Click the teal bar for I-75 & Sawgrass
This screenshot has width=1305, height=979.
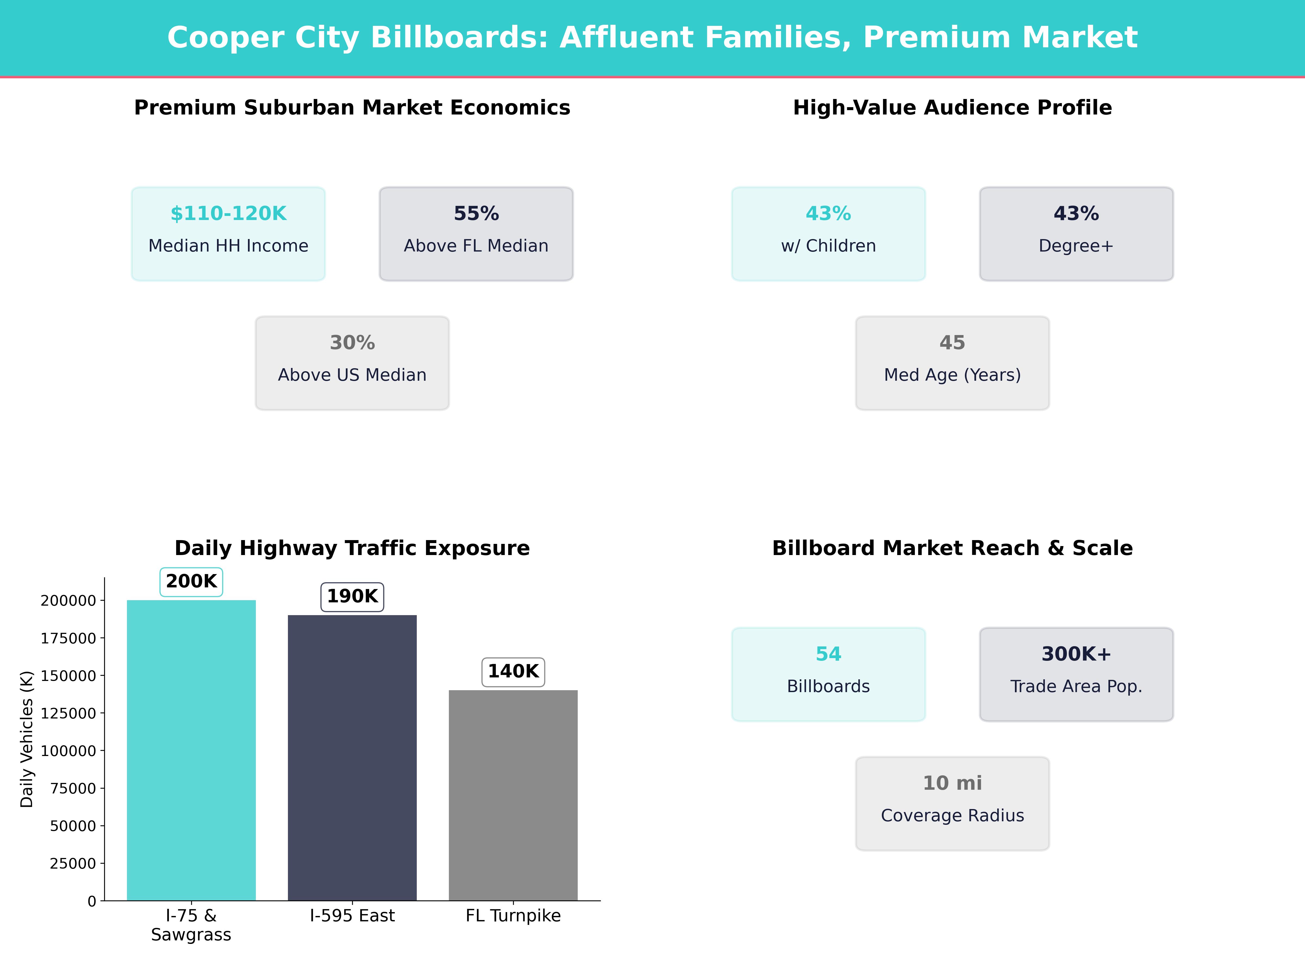click(191, 749)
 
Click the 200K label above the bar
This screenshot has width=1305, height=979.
click(191, 581)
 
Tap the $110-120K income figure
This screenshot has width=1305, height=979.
click(228, 214)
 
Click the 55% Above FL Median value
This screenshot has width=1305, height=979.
click(476, 214)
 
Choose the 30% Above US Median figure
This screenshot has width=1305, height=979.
click(352, 343)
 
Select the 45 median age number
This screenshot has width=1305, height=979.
click(952, 343)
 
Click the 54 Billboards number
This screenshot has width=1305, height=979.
click(828, 654)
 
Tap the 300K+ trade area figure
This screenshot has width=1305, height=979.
click(1076, 654)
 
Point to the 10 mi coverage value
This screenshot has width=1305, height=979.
click(952, 783)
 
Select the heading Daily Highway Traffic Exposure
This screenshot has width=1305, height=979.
click(352, 548)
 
